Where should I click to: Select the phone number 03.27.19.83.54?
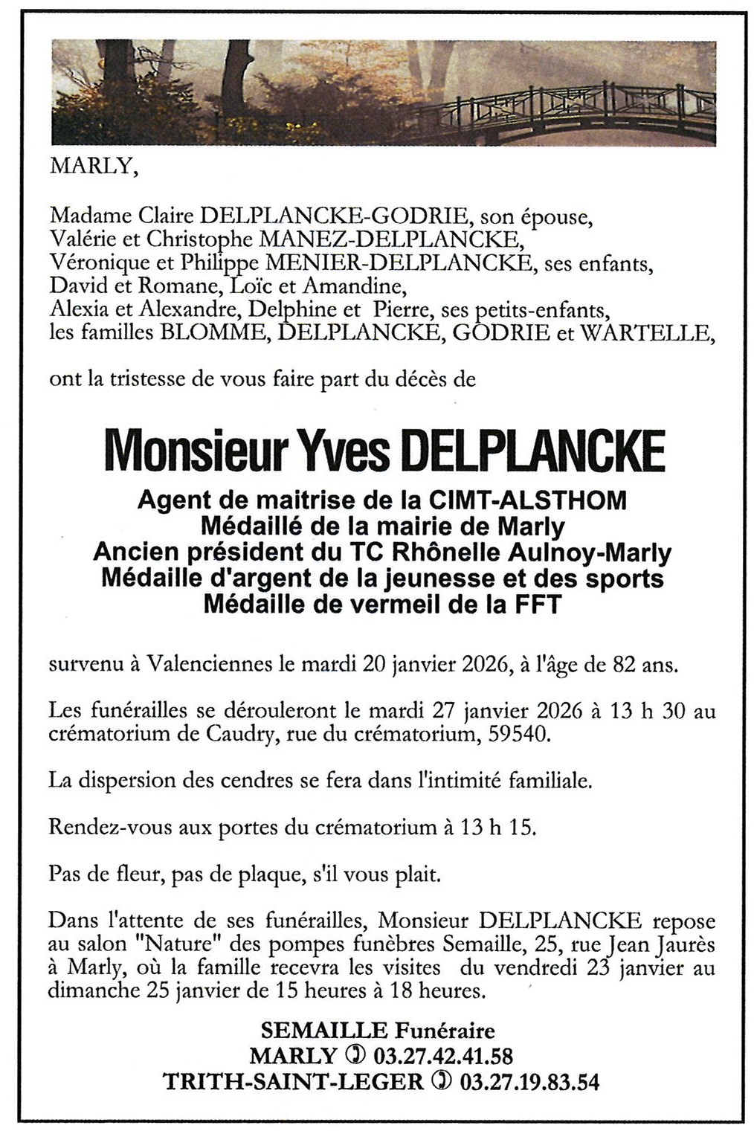(x=529, y=1080)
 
